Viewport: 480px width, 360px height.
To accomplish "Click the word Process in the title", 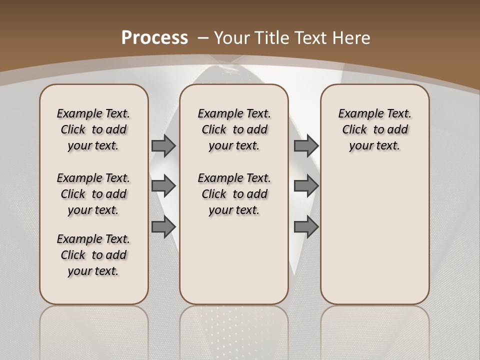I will coord(154,37).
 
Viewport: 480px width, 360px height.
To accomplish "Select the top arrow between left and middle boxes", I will coord(163,145).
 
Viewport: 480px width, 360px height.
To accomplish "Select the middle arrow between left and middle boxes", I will coord(163,186).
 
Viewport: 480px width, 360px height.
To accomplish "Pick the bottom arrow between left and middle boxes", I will coord(163,227).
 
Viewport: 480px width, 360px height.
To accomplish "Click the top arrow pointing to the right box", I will coord(306,145).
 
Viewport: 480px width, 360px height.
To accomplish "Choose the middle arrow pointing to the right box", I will coord(306,186).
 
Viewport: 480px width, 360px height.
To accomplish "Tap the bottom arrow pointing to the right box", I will coord(306,227).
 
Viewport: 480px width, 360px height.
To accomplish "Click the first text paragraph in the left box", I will coord(93,129).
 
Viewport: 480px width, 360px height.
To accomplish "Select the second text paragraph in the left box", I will coord(93,194).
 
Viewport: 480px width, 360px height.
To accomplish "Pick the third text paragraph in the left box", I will coord(93,255).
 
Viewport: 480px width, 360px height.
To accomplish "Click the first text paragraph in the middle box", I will coord(234,129).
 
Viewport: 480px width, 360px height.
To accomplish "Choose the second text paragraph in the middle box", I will coord(234,194).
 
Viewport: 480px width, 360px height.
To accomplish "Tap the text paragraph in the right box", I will coord(375,129).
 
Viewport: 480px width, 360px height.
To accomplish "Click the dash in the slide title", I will coord(203,37).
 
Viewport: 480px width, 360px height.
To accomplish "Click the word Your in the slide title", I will coord(233,37).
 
